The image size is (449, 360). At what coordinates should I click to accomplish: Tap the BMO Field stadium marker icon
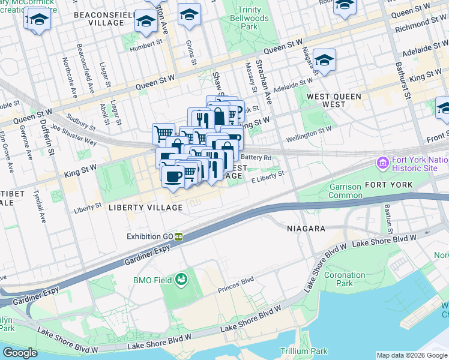[181, 279]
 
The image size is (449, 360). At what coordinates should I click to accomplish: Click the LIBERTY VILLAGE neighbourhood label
[145, 208]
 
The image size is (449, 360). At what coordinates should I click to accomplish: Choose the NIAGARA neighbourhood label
[306, 229]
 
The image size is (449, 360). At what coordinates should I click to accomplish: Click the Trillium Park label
[304, 351]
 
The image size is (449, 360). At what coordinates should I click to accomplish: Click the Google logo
[20, 353]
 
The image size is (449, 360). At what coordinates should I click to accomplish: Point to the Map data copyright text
[411, 355]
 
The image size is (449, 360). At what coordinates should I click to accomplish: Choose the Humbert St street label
[146, 43]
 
